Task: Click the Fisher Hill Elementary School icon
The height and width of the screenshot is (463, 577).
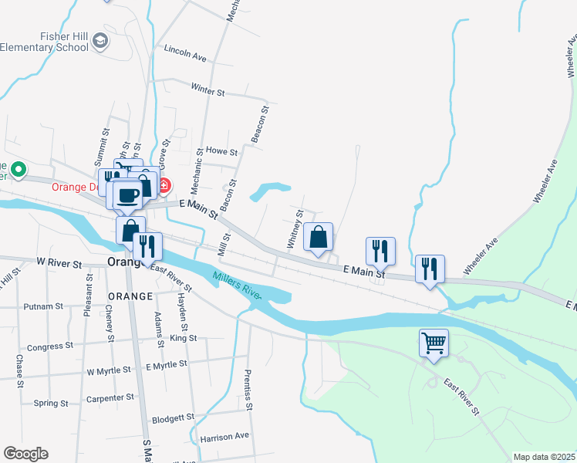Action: point(100,41)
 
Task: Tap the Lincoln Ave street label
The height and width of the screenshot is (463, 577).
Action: point(185,56)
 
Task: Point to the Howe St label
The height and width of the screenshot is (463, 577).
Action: point(222,152)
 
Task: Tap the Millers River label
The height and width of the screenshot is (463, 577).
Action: point(238,286)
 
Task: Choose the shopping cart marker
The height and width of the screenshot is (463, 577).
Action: point(434,342)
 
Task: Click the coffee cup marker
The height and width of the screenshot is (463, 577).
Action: point(128,195)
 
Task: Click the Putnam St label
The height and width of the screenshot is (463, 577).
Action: point(43,306)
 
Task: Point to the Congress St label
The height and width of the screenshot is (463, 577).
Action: point(50,347)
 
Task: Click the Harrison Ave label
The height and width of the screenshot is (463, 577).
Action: point(224,436)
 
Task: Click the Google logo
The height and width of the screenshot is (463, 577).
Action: point(25,454)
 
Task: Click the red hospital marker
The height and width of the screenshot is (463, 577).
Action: point(164,186)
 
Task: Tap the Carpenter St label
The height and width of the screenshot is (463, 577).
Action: point(110,398)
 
